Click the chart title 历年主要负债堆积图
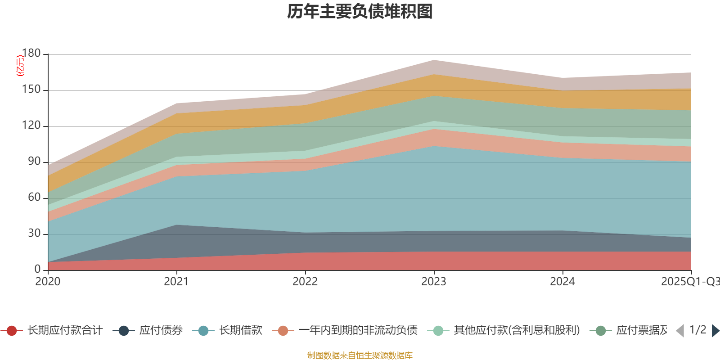[360, 12]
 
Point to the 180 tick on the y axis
[31, 54]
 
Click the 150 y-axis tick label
[31, 90]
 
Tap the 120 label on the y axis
[31, 126]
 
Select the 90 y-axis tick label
[34, 162]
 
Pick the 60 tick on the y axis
[34, 198]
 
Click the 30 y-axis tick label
[34, 234]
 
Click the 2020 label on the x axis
[48, 282]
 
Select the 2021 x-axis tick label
[176, 282]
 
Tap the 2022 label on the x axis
[305, 282]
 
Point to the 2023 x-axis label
[434, 282]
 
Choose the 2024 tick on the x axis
[562, 282]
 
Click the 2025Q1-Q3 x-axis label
[689, 282]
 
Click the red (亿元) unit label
[20, 66]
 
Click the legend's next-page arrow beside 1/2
[715, 331]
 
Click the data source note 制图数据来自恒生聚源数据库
[360, 355]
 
